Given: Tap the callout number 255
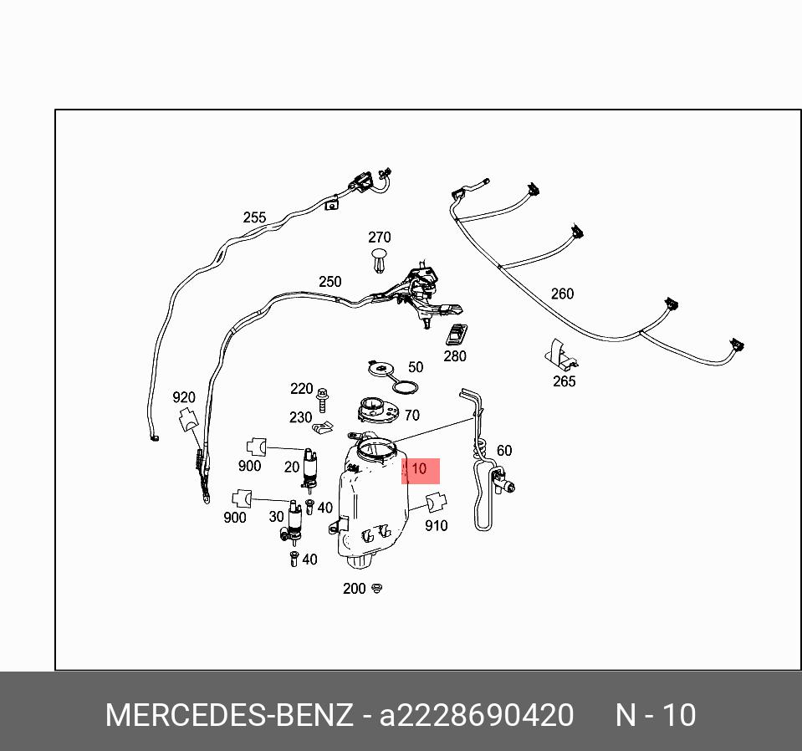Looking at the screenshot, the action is click(x=254, y=217).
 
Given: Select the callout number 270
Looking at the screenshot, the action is click(x=379, y=238).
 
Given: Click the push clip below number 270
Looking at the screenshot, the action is click(x=380, y=259).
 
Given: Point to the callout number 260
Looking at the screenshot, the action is click(x=562, y=294).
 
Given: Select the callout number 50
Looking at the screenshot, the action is click(x=416, y=367).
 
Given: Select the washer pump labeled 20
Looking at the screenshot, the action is click(x=310, y=469).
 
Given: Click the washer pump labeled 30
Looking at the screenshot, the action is click(x=294, y=520).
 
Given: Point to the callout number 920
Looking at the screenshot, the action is click(x=184, y=398).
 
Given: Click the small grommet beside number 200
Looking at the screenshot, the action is click(x=377, y=589).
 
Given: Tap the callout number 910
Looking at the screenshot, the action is click(x=437, y=525).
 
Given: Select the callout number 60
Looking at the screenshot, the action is click(x=504, y=451).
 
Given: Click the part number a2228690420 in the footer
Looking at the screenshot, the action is click(x=477, y=716).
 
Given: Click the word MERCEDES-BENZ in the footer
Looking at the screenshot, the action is click(x=228, y=716).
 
